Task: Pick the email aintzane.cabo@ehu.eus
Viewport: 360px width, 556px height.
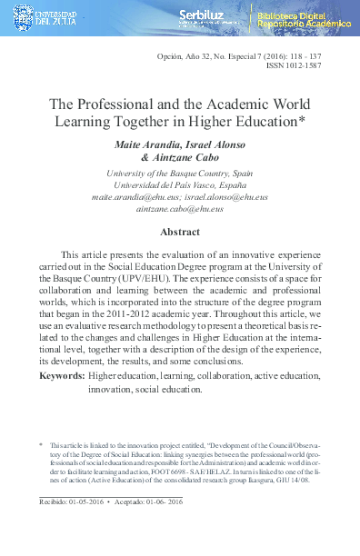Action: tap(180, 209)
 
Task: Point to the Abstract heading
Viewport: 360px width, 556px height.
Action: tap(180, 233)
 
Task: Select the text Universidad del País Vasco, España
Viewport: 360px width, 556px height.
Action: tap(180, 183)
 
